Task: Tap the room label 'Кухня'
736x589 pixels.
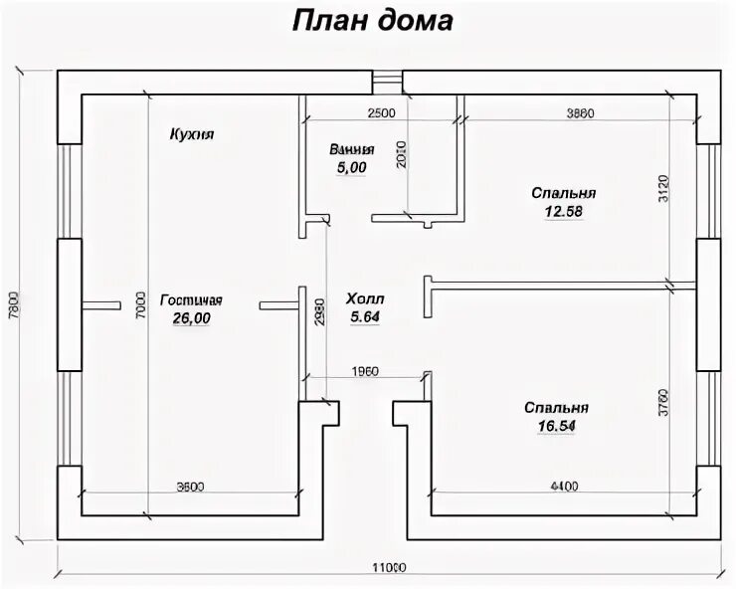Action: point(193,134)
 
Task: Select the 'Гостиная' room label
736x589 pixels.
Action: point(191,300)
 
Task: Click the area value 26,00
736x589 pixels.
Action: point(191,318)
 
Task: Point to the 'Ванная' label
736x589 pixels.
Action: point(352,150)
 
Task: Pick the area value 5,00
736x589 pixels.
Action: point(351,168)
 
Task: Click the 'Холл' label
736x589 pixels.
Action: point(365,299)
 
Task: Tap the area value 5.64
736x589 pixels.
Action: point(365,317)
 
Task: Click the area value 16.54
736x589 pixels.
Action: point(557,425)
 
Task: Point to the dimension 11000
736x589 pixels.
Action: point(389,568)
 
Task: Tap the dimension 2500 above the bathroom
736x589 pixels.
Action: point(382,112)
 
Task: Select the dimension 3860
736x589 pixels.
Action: point(580,112)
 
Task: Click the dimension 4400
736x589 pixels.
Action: point(563,487)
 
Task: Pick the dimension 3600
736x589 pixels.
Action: point(190,487)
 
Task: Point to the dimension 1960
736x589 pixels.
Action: point(366,371)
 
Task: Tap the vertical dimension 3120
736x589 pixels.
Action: point(663,188)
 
